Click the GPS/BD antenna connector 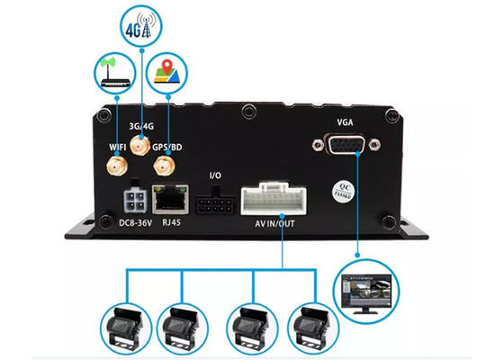163,166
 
